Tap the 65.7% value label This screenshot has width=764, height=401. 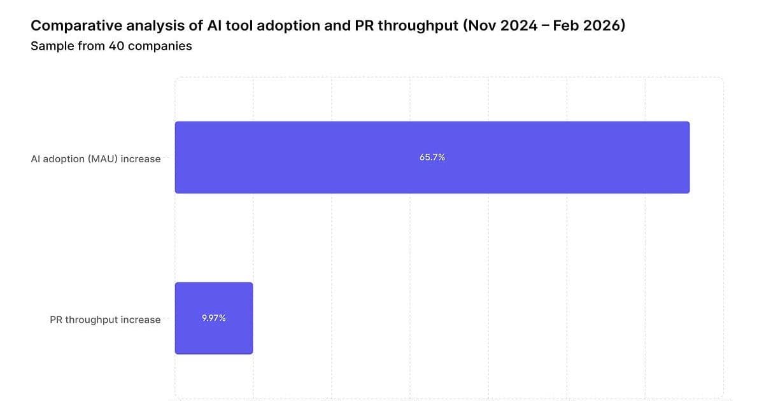[432, 157]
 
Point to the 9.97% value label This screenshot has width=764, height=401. [214, 318]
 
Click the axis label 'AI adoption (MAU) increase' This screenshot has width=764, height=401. [95, 159]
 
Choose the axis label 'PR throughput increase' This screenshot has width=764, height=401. [105, 320]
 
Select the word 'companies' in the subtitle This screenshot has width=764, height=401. [160, 46]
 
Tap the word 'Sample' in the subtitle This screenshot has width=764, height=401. [49, 46]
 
